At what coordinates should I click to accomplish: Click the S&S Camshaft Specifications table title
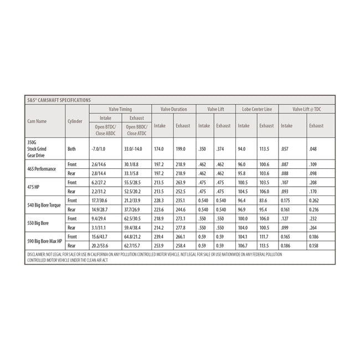[59, 100]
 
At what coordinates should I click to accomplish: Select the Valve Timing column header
[121, 109]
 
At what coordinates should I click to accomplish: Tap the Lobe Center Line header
[256, 109]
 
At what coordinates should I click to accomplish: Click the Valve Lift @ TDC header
[306, 109]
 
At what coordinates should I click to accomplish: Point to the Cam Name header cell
[37, 120]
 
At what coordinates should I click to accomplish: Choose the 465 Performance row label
[43, 169]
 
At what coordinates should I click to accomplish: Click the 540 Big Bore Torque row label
[45, 205]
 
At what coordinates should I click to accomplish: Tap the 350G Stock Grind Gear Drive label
[38, 149]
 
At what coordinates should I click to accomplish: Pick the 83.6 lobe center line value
[265, 200]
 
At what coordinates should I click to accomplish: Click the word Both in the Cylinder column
[71, 149]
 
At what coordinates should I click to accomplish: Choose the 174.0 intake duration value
[159, 149]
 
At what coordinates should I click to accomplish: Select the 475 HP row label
[35, 187]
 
